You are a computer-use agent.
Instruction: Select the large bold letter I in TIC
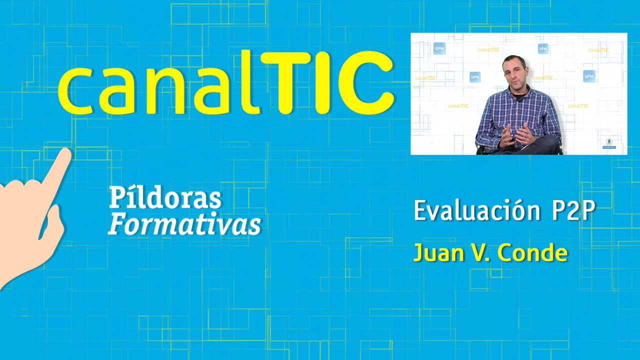325,82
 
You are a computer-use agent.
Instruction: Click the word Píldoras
165,198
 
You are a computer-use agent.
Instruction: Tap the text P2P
573,211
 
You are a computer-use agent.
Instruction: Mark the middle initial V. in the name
480,253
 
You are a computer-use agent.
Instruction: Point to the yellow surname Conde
533,253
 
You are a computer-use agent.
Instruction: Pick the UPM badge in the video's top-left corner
439,48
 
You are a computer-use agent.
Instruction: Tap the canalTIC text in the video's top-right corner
598,50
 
